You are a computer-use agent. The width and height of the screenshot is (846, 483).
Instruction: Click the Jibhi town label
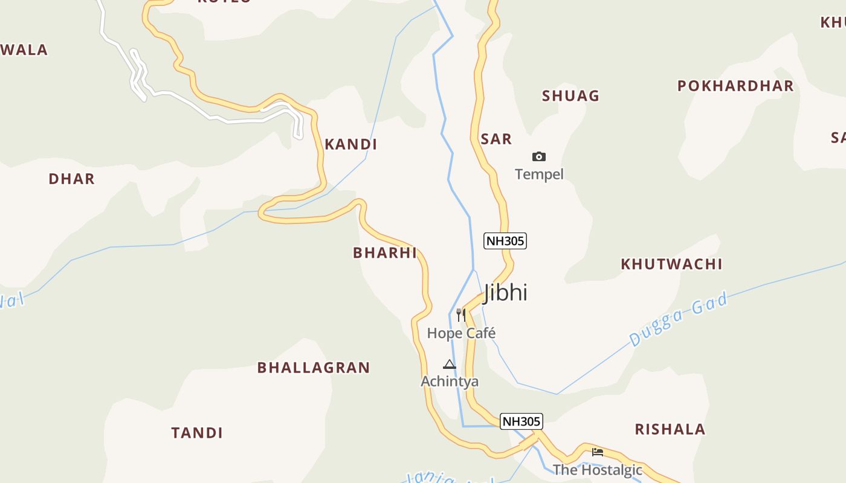[x=505, y=293]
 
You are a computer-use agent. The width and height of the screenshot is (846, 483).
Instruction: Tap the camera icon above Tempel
[x=538, y=157]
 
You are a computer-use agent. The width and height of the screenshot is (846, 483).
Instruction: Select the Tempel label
[x=539, y=174]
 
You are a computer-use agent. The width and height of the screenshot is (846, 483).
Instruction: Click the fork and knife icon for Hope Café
[x=461, y=315]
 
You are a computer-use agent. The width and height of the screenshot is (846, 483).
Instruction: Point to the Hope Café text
[x=461, y=333]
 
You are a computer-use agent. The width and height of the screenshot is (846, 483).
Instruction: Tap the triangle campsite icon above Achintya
[x=449, y=364]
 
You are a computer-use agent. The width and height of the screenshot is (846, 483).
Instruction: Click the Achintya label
[x=450, y=381]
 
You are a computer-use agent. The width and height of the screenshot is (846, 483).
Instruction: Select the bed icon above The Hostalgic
[x=598, y=452]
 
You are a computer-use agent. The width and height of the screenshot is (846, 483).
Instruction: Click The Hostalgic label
[x=597, y=469]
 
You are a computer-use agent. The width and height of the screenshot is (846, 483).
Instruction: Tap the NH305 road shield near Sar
[x=505, y=241]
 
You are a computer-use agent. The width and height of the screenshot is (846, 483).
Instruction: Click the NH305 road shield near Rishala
[x=521, y=421]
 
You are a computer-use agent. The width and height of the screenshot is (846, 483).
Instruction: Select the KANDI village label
[x=350, y=144]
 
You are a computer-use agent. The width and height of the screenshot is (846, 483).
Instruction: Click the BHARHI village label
[x=385, y=253]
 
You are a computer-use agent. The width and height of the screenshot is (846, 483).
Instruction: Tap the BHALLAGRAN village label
[x=314, y=368]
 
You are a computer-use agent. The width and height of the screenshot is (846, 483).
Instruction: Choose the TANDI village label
[x=197, y=433]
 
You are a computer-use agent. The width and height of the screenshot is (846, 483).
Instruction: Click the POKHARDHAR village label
[x=735, y=86]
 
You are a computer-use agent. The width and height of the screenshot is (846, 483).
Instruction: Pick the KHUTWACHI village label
[x=671, y=264]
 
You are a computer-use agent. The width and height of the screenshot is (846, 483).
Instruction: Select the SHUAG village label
[x=570, y=96]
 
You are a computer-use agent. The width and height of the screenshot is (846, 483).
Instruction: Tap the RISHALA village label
[x=670, y=429]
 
